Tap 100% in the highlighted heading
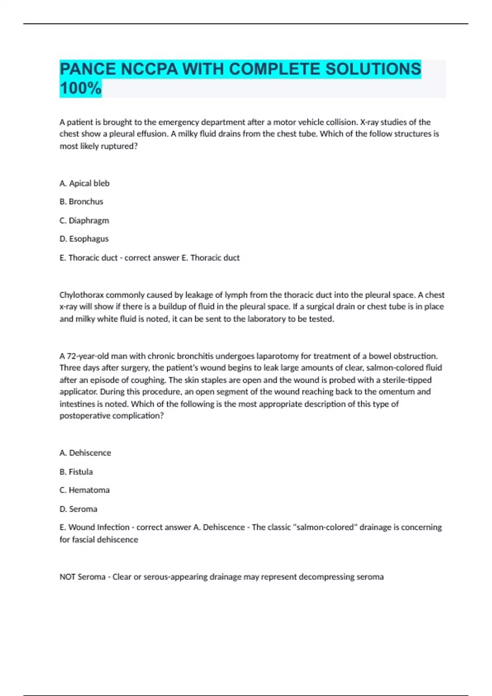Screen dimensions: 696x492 tap(80, 88)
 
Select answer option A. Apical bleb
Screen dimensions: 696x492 tap(84, 183)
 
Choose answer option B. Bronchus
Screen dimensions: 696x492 tap(81, 201)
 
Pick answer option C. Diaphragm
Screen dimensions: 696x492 tap(84, 220)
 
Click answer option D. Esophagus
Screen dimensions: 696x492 tap(84, 239)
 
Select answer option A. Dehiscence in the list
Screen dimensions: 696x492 tap(85, 453)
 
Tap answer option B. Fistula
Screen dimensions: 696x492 tap(76, 472)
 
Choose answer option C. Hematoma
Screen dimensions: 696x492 tap(84, 490)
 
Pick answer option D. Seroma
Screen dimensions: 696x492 tap(78, 509)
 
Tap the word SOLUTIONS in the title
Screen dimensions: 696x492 tap(373, 69)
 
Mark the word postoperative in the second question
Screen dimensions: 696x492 tap(84, 416)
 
